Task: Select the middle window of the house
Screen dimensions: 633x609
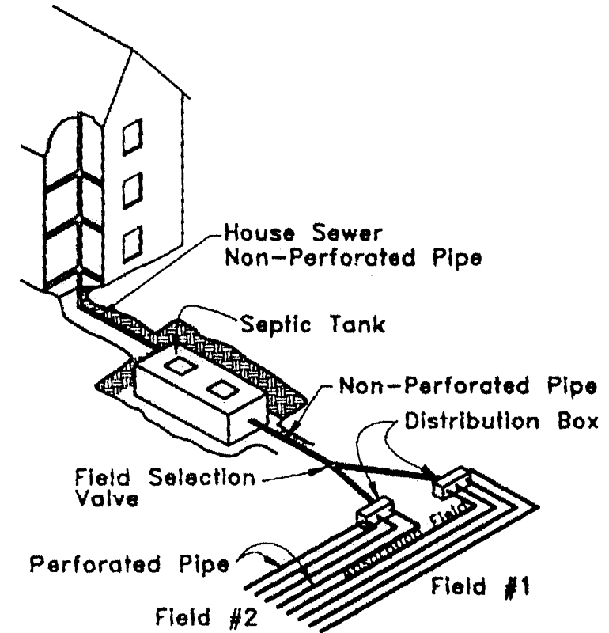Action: pos(132,188)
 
